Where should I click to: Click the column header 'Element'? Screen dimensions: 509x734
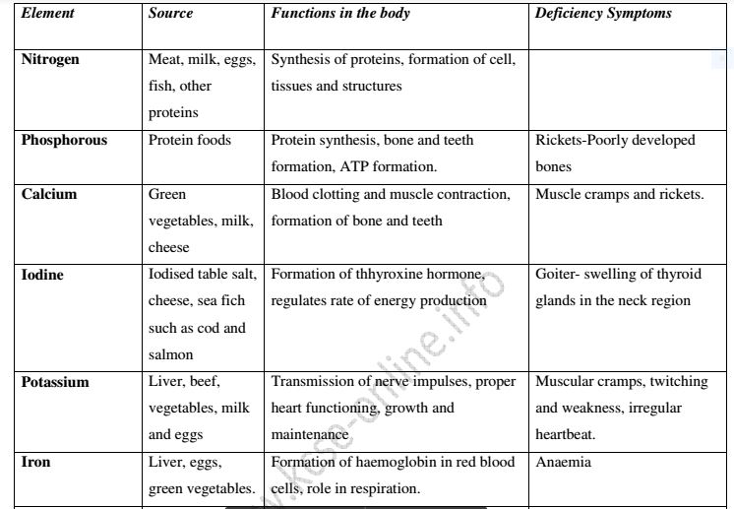47,14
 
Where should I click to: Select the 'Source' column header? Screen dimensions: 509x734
170,14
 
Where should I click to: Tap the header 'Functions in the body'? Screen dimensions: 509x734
340,14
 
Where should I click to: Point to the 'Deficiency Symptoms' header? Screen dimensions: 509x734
603,14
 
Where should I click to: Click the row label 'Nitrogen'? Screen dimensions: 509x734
50,59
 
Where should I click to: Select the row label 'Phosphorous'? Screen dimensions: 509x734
64,140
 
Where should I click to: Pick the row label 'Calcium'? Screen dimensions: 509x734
48,194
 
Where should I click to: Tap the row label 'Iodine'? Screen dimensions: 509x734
42,275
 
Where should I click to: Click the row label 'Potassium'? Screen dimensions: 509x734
55,382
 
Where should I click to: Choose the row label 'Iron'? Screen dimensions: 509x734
35,462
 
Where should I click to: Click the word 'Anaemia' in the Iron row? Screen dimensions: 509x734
563,462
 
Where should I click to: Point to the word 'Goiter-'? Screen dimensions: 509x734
559,275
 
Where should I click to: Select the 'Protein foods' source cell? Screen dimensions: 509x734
190,140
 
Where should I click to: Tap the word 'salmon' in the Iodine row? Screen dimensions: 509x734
171,354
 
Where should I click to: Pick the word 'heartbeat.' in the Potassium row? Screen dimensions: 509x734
565,434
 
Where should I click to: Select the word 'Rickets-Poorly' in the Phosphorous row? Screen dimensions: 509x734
581,140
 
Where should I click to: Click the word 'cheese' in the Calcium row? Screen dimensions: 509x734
169,247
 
